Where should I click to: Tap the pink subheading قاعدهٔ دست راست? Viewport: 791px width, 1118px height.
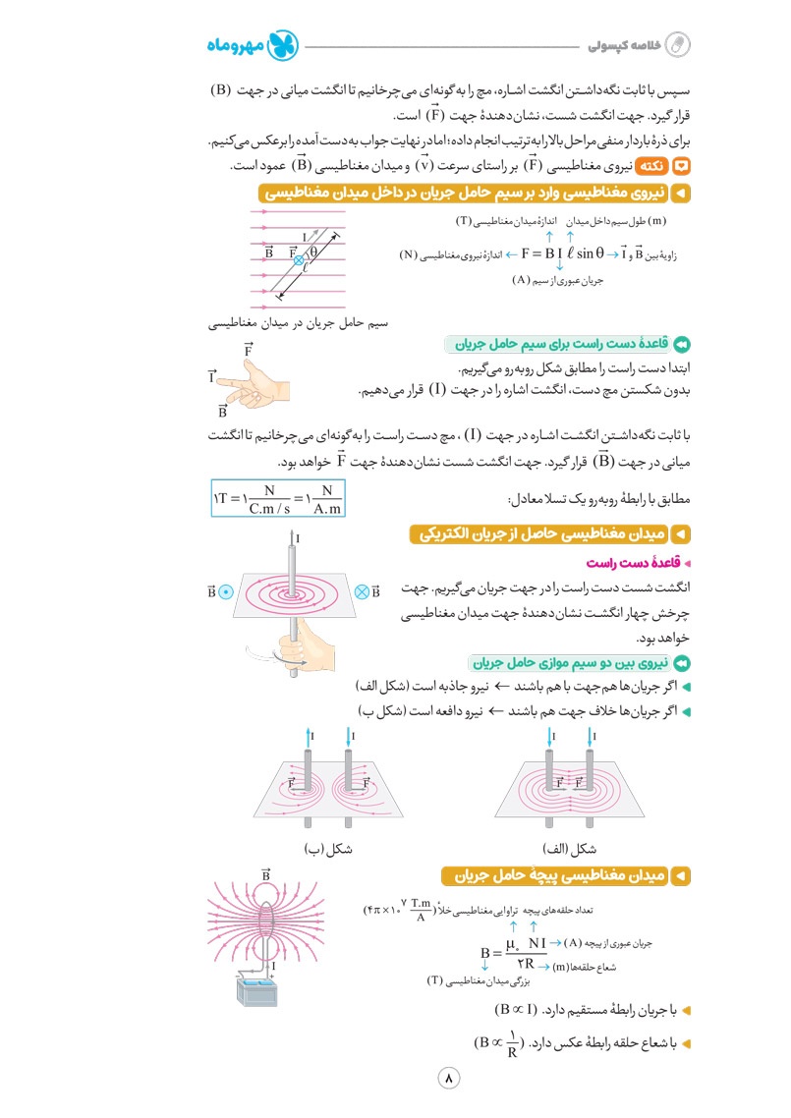pos(632,563)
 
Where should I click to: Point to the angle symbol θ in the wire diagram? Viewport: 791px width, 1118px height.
pos(313,250)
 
